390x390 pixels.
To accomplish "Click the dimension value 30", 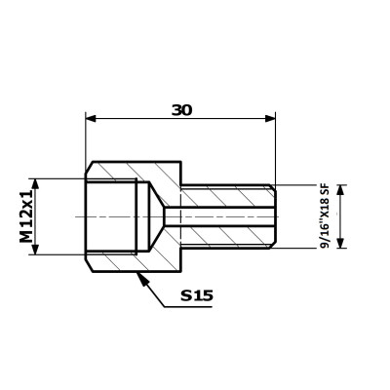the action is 182,110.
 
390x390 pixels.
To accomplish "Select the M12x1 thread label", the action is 27,216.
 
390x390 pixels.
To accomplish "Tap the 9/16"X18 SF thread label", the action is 325,216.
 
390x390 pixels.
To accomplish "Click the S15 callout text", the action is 197,295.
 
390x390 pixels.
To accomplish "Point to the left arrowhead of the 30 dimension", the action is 91,118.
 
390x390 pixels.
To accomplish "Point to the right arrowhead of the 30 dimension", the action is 270,118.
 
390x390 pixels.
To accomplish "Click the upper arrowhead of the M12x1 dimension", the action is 35,184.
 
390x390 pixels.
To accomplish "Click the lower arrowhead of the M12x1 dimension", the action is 35,250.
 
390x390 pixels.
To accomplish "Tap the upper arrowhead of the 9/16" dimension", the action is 340,190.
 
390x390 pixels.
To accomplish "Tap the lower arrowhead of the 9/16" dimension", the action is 340,243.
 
